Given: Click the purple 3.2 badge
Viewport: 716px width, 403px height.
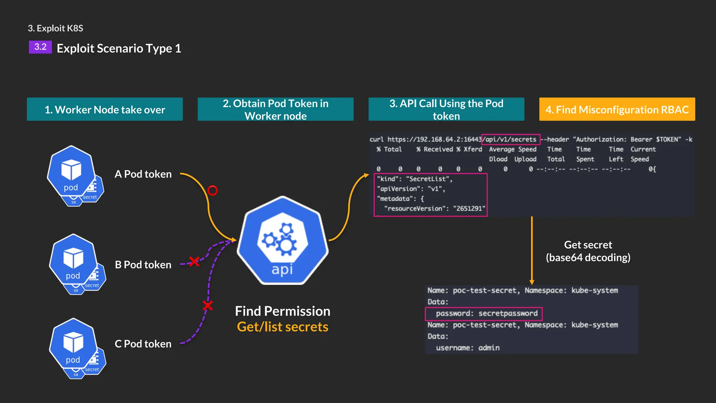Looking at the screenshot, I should point(40,47).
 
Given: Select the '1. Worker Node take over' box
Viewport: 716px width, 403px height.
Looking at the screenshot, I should point(105,109).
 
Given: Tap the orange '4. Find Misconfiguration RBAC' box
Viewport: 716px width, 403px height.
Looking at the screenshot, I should point(617,109).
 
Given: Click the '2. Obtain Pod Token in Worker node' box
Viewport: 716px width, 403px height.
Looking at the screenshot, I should point(275,109).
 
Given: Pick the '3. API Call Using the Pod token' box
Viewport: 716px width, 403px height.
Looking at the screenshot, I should point(446,109).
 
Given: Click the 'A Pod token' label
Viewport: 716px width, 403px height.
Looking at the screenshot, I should point(143,174).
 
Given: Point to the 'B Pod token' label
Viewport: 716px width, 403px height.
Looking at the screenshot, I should point(143,265).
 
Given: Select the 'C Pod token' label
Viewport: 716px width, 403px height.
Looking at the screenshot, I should point(143,344).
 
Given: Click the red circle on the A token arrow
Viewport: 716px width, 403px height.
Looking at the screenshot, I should point(213,190).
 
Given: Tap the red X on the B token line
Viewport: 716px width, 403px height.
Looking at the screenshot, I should point(194,261).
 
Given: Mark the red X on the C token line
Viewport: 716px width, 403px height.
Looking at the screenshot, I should point(208,305).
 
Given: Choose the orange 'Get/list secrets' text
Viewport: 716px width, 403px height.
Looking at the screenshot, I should point(282,327).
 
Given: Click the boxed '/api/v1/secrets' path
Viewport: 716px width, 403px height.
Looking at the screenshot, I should point(510,139).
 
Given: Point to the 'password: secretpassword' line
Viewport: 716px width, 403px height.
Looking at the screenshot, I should point(486,313).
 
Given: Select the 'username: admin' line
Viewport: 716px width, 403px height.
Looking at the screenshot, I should point(467,348).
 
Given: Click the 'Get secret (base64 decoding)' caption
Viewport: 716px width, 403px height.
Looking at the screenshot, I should point(588,251).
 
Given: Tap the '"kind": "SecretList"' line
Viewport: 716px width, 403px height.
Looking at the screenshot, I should point(414,179).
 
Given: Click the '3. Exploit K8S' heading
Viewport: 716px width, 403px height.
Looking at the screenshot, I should point(56,28).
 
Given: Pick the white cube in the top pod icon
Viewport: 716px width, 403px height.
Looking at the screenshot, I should point(71,169).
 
